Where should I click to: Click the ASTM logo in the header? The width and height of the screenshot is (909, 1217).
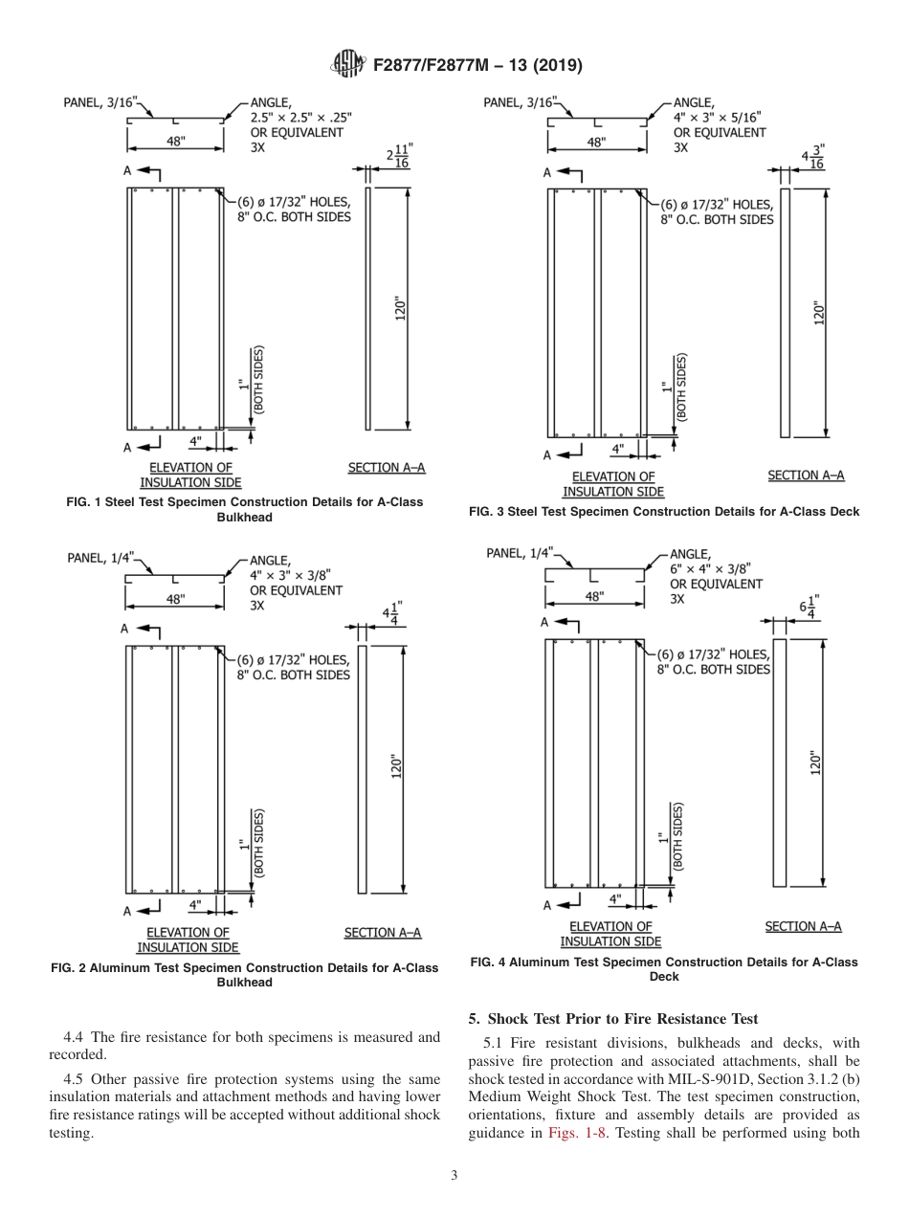(346, 65)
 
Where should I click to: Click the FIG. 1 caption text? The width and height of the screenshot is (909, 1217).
(245, 509)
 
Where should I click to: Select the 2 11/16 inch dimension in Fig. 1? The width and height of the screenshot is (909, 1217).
(397, 157)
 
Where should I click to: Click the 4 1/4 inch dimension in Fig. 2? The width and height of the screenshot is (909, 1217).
(392, 613)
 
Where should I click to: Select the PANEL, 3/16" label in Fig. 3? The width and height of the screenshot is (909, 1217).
(519, 101)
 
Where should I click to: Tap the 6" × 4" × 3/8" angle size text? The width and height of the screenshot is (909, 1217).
(716, 568)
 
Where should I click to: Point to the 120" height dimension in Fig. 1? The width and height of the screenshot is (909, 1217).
(401, 310)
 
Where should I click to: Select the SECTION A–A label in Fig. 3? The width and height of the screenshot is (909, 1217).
(806, 476)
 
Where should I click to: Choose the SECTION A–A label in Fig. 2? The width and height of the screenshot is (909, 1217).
(383, 932)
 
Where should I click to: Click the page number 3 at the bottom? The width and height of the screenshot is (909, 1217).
(454, 1175)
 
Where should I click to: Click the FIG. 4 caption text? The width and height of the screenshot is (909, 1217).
(664, 969)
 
